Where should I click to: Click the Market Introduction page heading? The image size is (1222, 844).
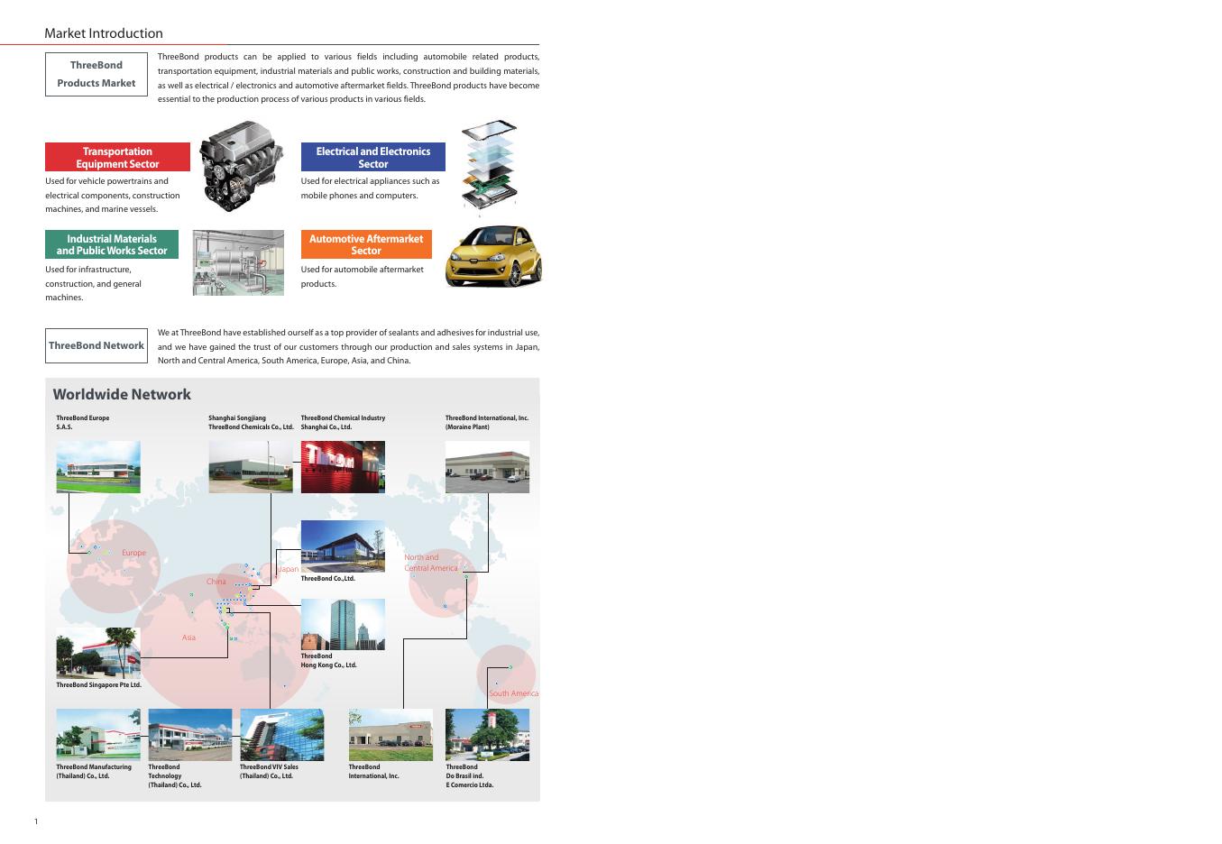(x=104, y=33)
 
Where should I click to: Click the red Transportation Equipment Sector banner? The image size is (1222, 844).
(x=117, y=158)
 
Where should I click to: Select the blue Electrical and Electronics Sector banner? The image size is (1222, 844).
(x=372, y=158)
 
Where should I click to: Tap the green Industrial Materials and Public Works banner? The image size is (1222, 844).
(x=112, y=244)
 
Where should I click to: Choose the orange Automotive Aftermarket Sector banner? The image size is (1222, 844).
(x=366, y=244)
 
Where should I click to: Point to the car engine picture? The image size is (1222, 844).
(x=241, y=168)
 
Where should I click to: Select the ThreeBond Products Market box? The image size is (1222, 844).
(x=96, y=74)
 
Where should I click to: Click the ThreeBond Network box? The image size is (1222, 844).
(x=96, y=345)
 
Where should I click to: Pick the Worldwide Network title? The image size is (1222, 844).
(x=122, y=394)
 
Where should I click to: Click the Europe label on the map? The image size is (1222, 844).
(x=133, y=553)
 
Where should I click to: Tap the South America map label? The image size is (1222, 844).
(x=513, y=693)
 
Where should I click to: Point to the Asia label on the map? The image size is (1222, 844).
(x=188, y=638)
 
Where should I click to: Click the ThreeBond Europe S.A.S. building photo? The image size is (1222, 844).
(x=98, y=467)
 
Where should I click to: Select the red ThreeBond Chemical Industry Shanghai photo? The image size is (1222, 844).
(x=343, y=467)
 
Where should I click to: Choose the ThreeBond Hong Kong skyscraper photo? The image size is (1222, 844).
(x=343, y=624)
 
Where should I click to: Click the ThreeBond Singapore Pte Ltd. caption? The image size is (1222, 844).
(x=98, y=685)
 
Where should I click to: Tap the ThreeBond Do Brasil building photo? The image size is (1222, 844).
(x=487, y=735)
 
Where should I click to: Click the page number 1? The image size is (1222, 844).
(x=36, y=821)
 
